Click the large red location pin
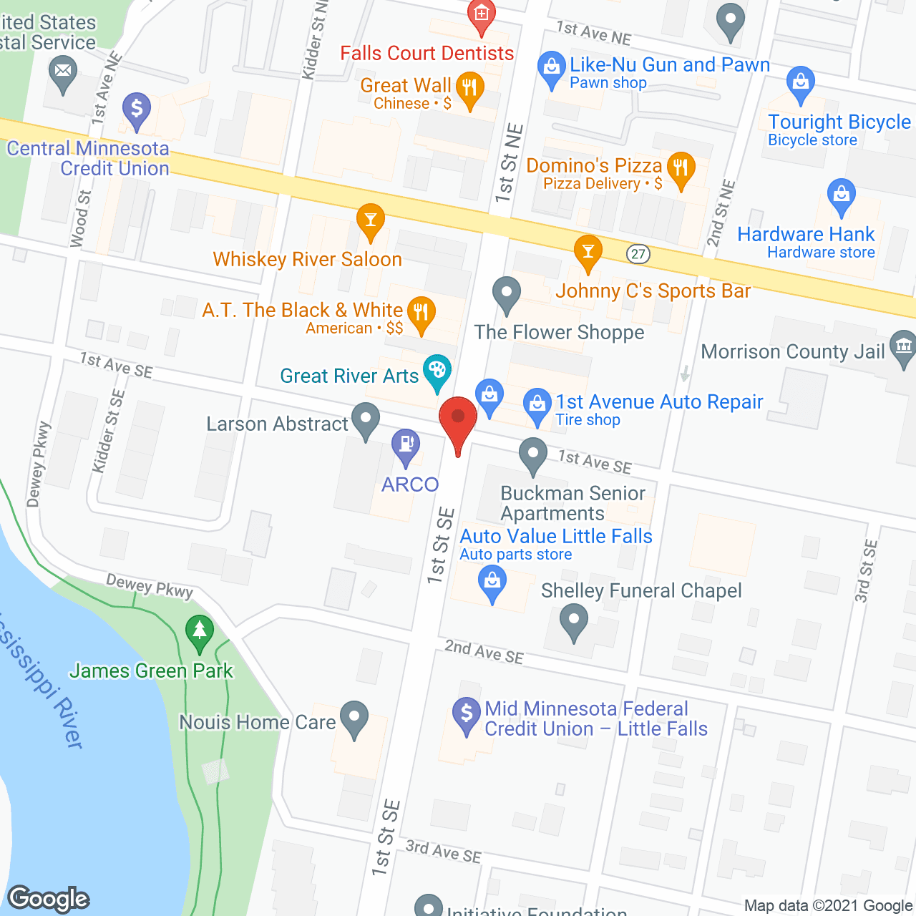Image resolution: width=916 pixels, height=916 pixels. tap(457, 419)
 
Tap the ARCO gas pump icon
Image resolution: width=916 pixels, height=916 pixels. tap(406, 444)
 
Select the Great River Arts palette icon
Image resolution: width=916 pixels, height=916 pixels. tap(437, 371)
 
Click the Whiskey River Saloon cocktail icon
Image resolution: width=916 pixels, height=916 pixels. tap(370, 219)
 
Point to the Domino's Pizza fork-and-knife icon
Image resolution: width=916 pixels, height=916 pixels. tap(681, 168)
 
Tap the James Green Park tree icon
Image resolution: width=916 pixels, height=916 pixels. tap(200, 631)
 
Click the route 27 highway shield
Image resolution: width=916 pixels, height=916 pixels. tap(638, 253)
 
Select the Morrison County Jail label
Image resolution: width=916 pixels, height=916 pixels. tap(793, 351)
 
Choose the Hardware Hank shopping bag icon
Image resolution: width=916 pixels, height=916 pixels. tap(842, 195)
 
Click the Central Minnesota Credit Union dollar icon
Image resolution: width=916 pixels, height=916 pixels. tap(137, 110)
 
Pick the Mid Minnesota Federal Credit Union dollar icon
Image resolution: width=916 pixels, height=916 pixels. tap(467, 713)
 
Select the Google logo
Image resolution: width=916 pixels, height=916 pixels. tap(49, 899)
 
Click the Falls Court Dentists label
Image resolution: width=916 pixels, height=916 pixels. tap(427, 54)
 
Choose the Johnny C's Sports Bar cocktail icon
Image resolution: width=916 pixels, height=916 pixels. tap(588, 251)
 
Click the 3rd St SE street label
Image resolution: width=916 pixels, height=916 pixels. tap(866, 571)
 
